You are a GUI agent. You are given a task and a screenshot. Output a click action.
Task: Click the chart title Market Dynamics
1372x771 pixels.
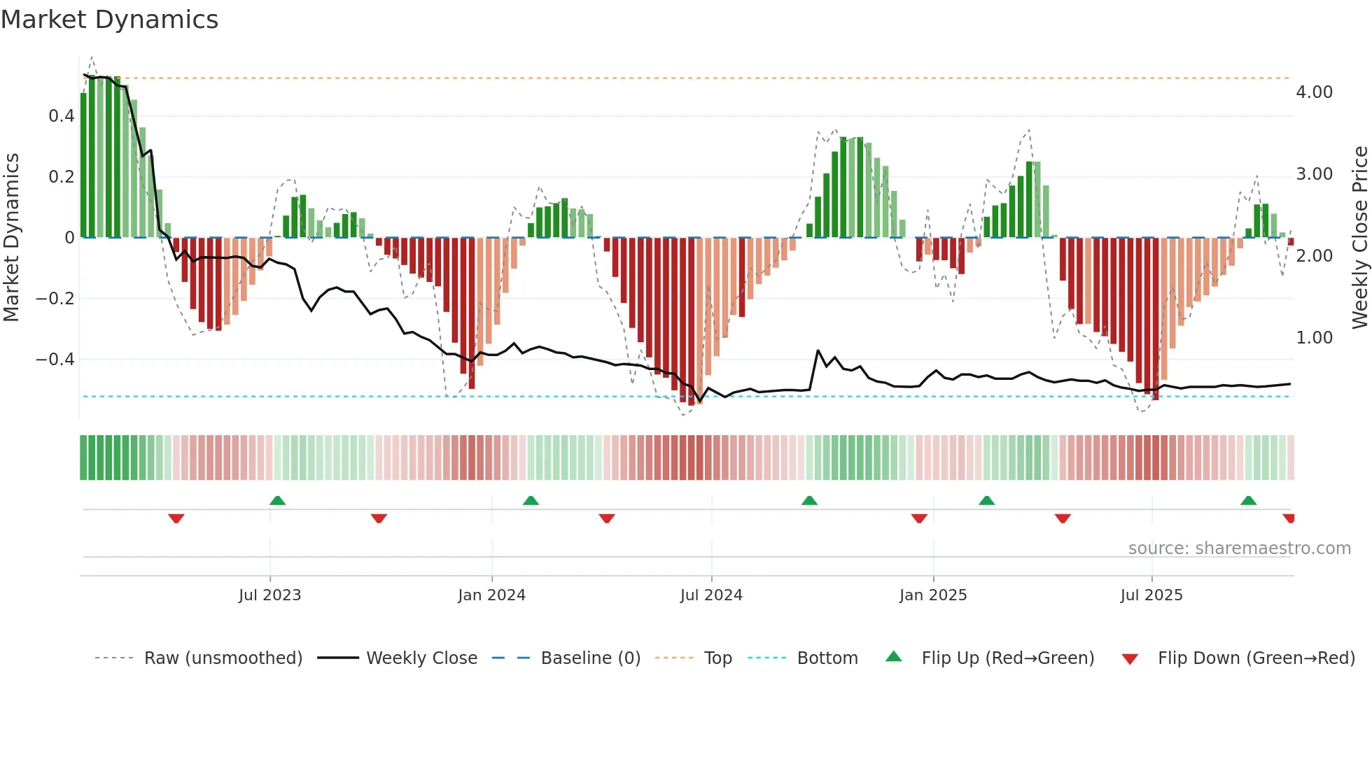pyautogui.click(x=110, y=20)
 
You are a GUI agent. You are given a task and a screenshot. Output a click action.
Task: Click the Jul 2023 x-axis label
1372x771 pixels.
pyautogui.click(x=269, y=595)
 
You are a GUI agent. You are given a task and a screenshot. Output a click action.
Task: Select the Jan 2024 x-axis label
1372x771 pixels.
pyautogui.click(x=491, y=595)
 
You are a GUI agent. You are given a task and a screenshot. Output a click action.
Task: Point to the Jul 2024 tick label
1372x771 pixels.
pyautogui.click(x=711, y=595)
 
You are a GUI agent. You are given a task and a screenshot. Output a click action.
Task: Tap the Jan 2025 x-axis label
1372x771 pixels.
pyautogui.click(x=933, y=595)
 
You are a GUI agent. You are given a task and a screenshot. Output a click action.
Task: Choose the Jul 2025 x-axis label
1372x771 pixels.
pyautogui.click(x=1151, y=595)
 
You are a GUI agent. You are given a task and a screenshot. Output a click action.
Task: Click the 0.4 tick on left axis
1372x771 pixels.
pyautogui.click(x=62, y=116)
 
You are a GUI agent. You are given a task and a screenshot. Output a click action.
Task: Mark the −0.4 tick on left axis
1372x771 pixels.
pyautogui.click(x=55, y=360)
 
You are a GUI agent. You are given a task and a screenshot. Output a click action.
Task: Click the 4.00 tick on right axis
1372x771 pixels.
pyautogui.click(x=1314, y=92)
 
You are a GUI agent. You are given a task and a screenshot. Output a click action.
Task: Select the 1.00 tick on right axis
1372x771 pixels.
pyautogui.click(x=1314, y=338)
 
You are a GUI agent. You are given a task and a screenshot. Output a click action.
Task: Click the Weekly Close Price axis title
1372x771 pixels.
pyautogui.click(x=1359, y=237)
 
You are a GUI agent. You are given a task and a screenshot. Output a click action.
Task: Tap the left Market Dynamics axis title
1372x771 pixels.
pyautogui.click(x=12, y=237)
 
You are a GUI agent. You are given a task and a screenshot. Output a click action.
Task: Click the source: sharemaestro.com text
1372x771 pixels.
pyautogui.click(x=1239, y=549)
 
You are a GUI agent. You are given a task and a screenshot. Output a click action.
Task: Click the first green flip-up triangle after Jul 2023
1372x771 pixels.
pyautogui.click(x=278, y=500)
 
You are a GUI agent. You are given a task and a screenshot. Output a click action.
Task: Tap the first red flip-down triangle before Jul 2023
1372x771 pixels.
pyautogui.click(x=176, y=518)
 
